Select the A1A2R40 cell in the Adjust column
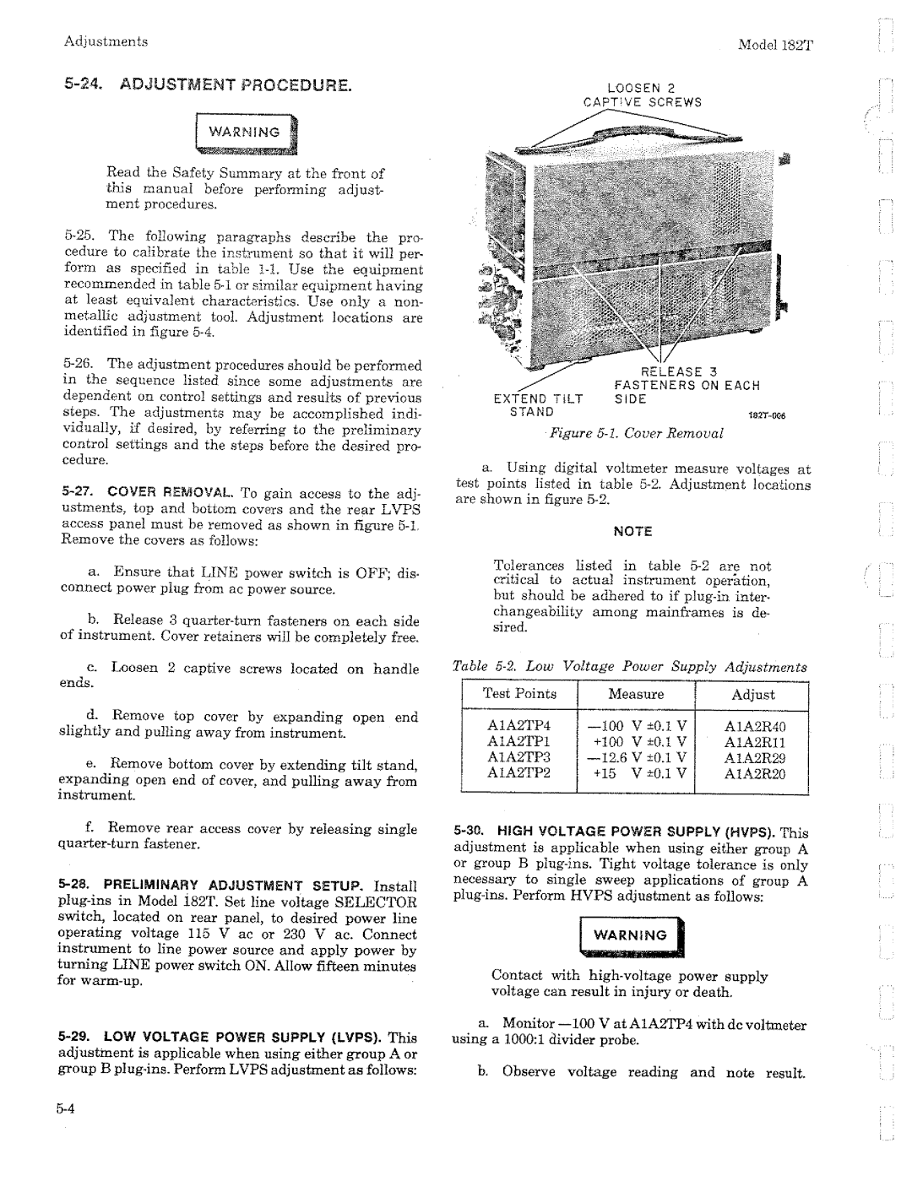pyautogui.click(x=754, y=726)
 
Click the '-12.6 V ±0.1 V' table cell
pyautogui.click(x=636, y=757)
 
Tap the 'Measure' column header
pyautogui.click(x=636, y=694)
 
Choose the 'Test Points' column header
pyautogui.click(x=519, y=694)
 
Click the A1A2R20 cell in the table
pyautogui.click(x=754, y=773)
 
